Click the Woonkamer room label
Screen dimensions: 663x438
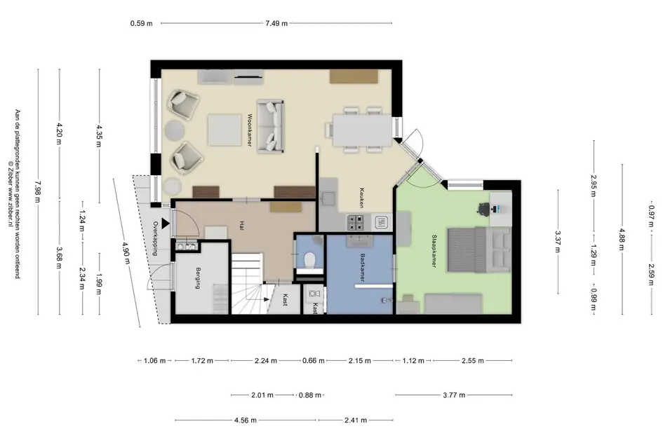[x=250, y=130]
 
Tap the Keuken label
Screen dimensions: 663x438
[x=362, y=198]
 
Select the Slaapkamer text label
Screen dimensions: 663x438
[x=434, y=251]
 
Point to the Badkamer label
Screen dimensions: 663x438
[x=362, y=268]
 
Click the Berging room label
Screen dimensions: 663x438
[x=198, y=278]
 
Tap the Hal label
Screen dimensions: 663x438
[x=241, y=226]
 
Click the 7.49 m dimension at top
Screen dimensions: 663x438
[x=276, y=23]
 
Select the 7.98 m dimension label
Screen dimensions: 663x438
[x=38, y=191]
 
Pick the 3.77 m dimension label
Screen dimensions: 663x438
[x=454, y=395]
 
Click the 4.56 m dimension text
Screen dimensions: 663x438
[x=246, y=420]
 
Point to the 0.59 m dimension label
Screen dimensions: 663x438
[x=141, y=23]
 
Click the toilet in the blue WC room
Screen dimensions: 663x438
[x=309, y=260]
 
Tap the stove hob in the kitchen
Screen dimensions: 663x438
[x=355, y=222]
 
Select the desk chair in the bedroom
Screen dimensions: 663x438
[x=483, y=209]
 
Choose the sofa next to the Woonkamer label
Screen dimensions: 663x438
[x=270, y=126]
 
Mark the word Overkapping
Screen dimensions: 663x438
[x=155, y=238]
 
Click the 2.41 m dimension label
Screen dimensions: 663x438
[x=356, y=420]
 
